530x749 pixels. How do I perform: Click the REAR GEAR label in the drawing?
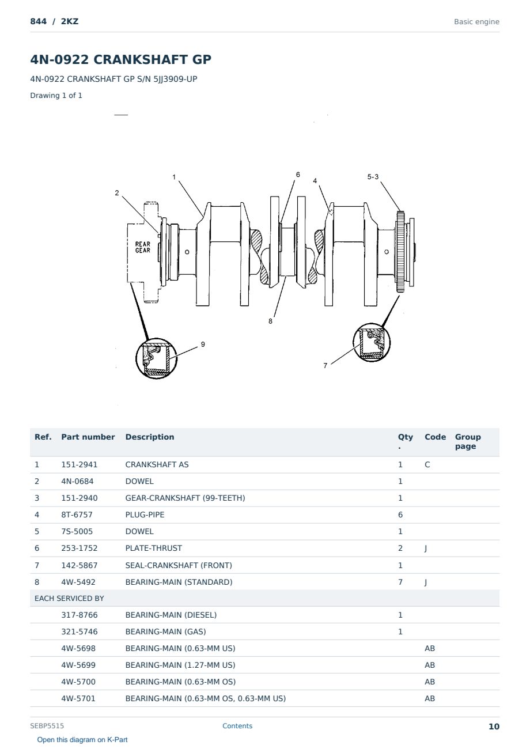tap(142, 247)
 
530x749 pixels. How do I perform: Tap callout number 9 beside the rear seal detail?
tap(203, 344)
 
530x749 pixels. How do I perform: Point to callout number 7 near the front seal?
tap(325, 365)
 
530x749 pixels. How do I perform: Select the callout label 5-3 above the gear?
tap(373, 176)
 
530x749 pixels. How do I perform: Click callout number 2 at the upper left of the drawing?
tap(117, 192)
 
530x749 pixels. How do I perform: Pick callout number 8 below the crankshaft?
tap(270, 321)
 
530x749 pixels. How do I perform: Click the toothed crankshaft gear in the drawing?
tap(400, 251)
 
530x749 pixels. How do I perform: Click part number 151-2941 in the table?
tap(79, 464)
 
